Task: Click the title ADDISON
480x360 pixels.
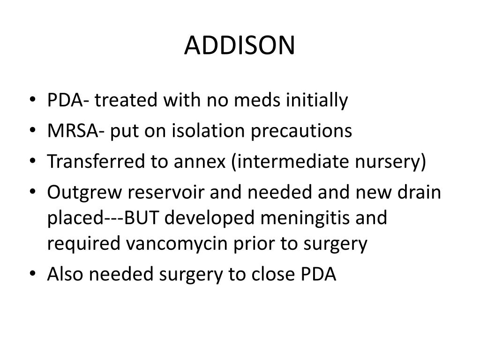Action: tap(240, 45)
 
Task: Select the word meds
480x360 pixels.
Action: tap(254, 100)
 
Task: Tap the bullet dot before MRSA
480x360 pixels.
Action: tap(36, 132)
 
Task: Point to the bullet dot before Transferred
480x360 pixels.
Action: tap(36, 163)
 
